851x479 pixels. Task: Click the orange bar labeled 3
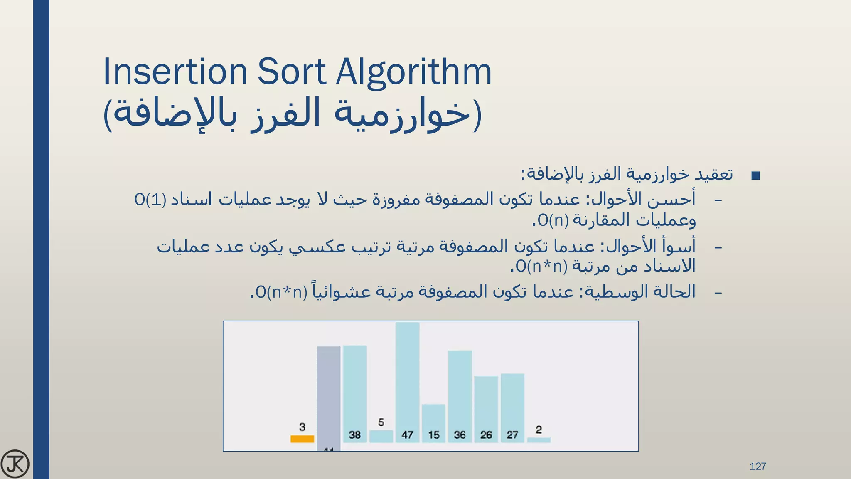tap(302, 439)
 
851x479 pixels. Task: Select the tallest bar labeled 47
tap(407, 374)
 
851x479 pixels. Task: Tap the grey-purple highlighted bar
tap(328, 395)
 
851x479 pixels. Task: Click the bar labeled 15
tap(433, 420)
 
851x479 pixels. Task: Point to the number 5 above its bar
tap(381, 422)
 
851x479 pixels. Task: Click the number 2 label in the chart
tap(539, 430)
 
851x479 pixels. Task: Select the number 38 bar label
tap(354, 435)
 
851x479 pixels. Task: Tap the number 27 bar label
tap(512, 435)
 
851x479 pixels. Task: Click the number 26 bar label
tap(486, 435)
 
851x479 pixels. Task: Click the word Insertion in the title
tap(175, 72)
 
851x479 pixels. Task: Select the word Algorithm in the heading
tap(413, 72)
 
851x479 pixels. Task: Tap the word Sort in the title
tap(291, 72)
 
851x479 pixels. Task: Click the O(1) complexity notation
tap(150, 200)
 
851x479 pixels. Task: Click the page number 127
tap(758, 466)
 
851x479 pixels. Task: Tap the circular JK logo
tap(15, 464)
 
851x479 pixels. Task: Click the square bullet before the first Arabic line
tap(756, 176)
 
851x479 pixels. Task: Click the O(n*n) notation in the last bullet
tap(281, 292)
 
